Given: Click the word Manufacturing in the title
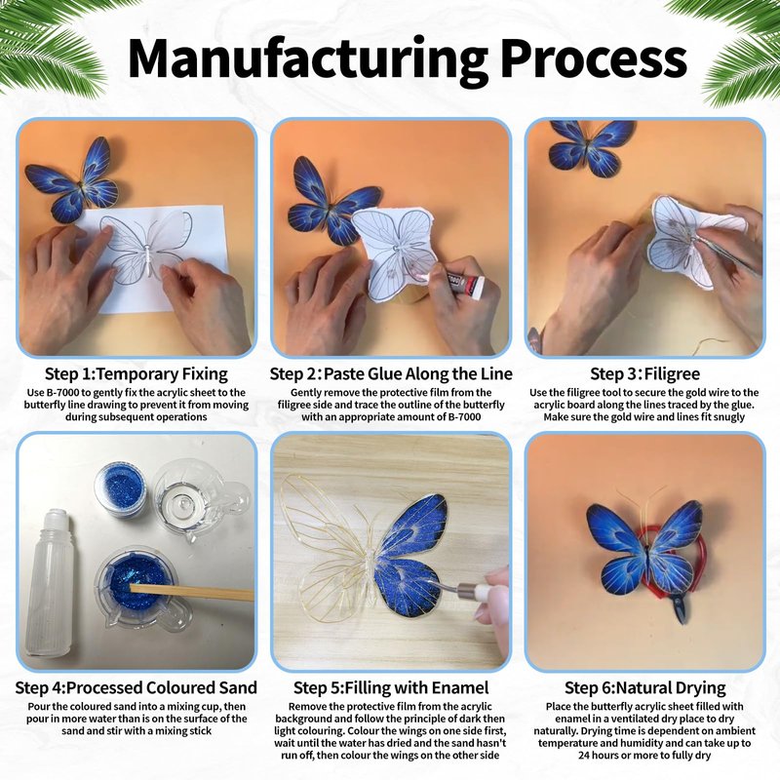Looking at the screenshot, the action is pyautogui.click(x=307, y=59).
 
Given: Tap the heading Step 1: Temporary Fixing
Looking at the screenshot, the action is pyautogui.click(x=136, y=373).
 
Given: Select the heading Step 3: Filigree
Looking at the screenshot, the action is pyautogui.click(x=644, y=373).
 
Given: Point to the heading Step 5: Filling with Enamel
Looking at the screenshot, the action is pyautogui.click(x=391, y=687).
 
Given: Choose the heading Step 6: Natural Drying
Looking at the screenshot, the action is pyautogui.click(x=644, y=688).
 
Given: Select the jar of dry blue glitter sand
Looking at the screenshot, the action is pyautogui.click(x=120, y=490).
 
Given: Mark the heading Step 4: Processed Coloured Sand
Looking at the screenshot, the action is pyautogui.click(x=136, y=687).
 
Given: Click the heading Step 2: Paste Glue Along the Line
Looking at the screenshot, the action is pyautogui.click(x=391, y=373).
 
